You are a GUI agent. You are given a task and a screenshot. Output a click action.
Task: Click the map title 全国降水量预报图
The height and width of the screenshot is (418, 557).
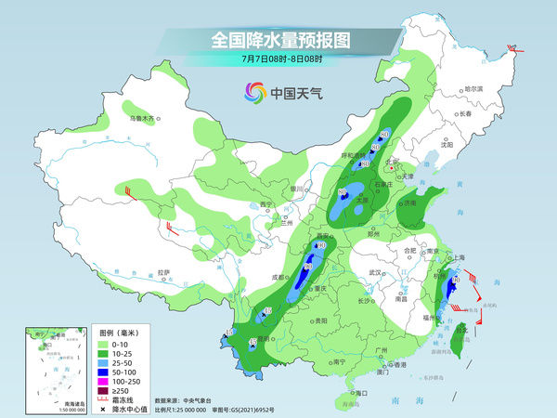tap(278, 41)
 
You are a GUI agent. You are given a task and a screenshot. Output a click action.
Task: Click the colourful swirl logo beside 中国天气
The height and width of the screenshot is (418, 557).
tap(253, 92)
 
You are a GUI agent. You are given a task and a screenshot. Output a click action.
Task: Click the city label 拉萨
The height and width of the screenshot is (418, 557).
tap(164, 272)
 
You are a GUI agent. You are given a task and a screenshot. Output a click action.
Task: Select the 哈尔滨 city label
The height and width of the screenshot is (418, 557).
tap(473, 88)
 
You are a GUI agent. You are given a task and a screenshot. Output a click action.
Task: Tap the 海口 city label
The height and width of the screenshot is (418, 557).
tap(361, 393)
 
